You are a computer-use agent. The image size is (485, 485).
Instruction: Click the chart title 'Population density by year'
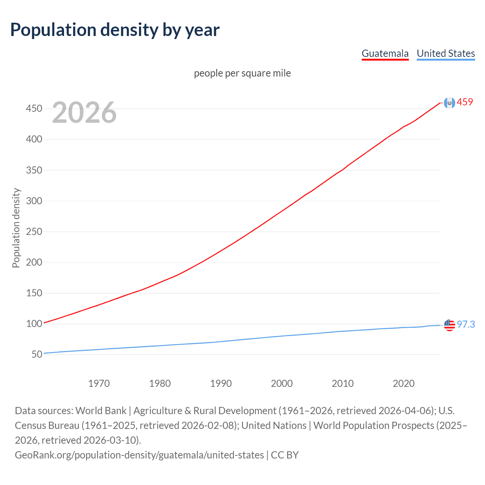[115, 30]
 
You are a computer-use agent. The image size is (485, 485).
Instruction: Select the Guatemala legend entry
[385, 53]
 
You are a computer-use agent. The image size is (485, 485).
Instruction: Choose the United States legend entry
[446, 53]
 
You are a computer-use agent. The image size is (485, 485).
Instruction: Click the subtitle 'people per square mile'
[242, 73]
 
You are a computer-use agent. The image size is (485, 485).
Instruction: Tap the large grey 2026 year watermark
[84, 113]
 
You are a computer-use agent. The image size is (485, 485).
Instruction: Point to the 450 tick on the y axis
[34, 109]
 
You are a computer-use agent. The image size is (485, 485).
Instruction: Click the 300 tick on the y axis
[34, 201]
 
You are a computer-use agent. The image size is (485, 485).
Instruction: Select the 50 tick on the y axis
[37, 355]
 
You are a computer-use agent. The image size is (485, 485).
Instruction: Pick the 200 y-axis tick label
[34, 262]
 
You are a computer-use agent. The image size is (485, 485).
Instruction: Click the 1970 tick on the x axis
[99, 383]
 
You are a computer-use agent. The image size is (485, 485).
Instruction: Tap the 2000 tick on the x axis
[282, 383]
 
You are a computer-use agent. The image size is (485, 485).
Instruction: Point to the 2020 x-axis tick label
[404, 383]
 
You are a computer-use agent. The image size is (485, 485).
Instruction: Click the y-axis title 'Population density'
[16, 228]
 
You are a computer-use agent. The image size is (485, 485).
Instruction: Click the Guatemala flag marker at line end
[449, 103]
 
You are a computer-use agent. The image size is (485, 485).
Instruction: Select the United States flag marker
[449, 325]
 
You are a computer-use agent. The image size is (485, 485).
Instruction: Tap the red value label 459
[465, 102]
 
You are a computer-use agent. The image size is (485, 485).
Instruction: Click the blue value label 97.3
[466, 325]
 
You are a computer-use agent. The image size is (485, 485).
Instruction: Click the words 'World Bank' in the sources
[101, 411]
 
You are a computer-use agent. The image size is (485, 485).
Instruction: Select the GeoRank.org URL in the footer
[139, 455]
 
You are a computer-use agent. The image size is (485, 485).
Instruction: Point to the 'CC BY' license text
[285, 455]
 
